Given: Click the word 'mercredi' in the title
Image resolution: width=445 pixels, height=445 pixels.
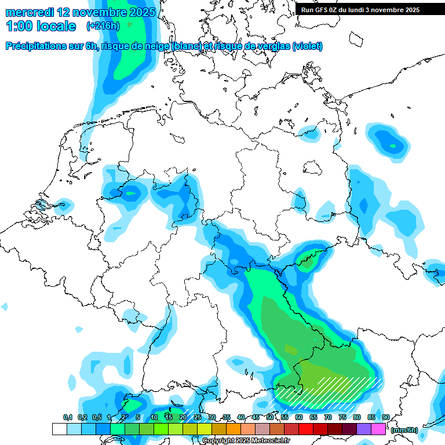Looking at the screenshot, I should [x=30, y=12].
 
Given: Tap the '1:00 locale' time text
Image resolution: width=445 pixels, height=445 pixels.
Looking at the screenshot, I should [x=41, y=26].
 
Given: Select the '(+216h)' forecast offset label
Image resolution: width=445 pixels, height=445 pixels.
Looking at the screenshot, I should [x=104, y=26].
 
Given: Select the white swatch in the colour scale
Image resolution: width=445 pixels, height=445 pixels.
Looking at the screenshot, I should [x=60, y=429].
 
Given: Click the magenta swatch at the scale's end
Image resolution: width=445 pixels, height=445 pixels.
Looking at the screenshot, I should [x=378, y=429].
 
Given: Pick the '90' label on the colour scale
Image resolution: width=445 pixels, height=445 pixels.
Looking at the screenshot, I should [x=386, y=418].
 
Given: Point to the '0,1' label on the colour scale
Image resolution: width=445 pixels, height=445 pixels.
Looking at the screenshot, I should [x=67, y=418].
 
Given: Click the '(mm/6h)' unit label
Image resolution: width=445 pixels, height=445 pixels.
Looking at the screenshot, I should [x=404, y=430].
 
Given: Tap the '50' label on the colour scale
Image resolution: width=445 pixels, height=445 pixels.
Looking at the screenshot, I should [x=270, y=418].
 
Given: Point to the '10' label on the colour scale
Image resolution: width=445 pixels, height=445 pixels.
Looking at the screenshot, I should [x=154, y=418].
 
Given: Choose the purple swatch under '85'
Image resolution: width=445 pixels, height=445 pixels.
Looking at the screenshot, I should [x=364, y=429].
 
